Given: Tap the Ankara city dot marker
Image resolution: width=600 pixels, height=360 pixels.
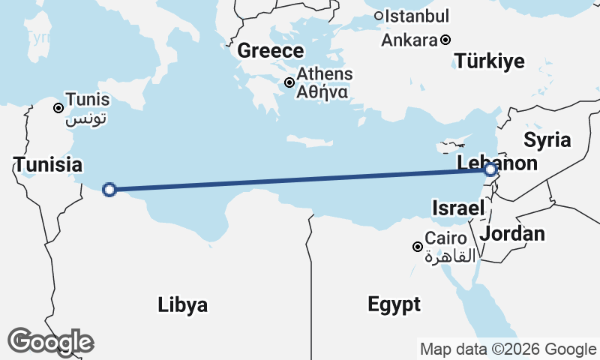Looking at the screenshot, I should click(445, 40).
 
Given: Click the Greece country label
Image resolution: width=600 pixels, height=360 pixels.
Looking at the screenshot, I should click(271, 51).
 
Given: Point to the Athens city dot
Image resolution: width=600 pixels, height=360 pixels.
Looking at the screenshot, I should click(289, 82).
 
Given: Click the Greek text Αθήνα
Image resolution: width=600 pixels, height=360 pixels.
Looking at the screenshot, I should click(322, 92).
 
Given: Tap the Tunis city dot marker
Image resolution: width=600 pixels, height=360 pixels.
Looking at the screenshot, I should click(58, 108).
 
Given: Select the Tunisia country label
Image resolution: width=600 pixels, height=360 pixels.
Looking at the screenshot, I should click(47, 163).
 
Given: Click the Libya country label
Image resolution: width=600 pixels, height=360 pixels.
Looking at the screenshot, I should click(183, 305).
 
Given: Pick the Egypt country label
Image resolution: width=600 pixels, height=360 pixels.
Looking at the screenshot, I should click(394, 304).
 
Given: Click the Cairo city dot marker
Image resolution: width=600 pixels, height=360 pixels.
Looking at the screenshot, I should click(418, 247).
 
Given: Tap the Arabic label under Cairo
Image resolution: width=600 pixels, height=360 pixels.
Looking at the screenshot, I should click(450, 256).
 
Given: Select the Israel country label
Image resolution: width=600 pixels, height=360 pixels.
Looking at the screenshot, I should click(457, 207).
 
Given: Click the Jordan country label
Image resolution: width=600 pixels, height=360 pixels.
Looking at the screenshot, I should click(512, 234).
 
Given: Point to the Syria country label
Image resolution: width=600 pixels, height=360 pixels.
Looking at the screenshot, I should click(547, 139).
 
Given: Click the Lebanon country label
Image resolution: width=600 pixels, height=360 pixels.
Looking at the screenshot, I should click(497, 163).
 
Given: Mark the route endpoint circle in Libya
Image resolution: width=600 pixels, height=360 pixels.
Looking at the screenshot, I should click(109, 190).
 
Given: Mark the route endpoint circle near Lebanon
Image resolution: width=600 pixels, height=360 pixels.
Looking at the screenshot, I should click(490, 171).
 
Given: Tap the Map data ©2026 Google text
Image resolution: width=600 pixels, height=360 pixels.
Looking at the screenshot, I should click(508, 349).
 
